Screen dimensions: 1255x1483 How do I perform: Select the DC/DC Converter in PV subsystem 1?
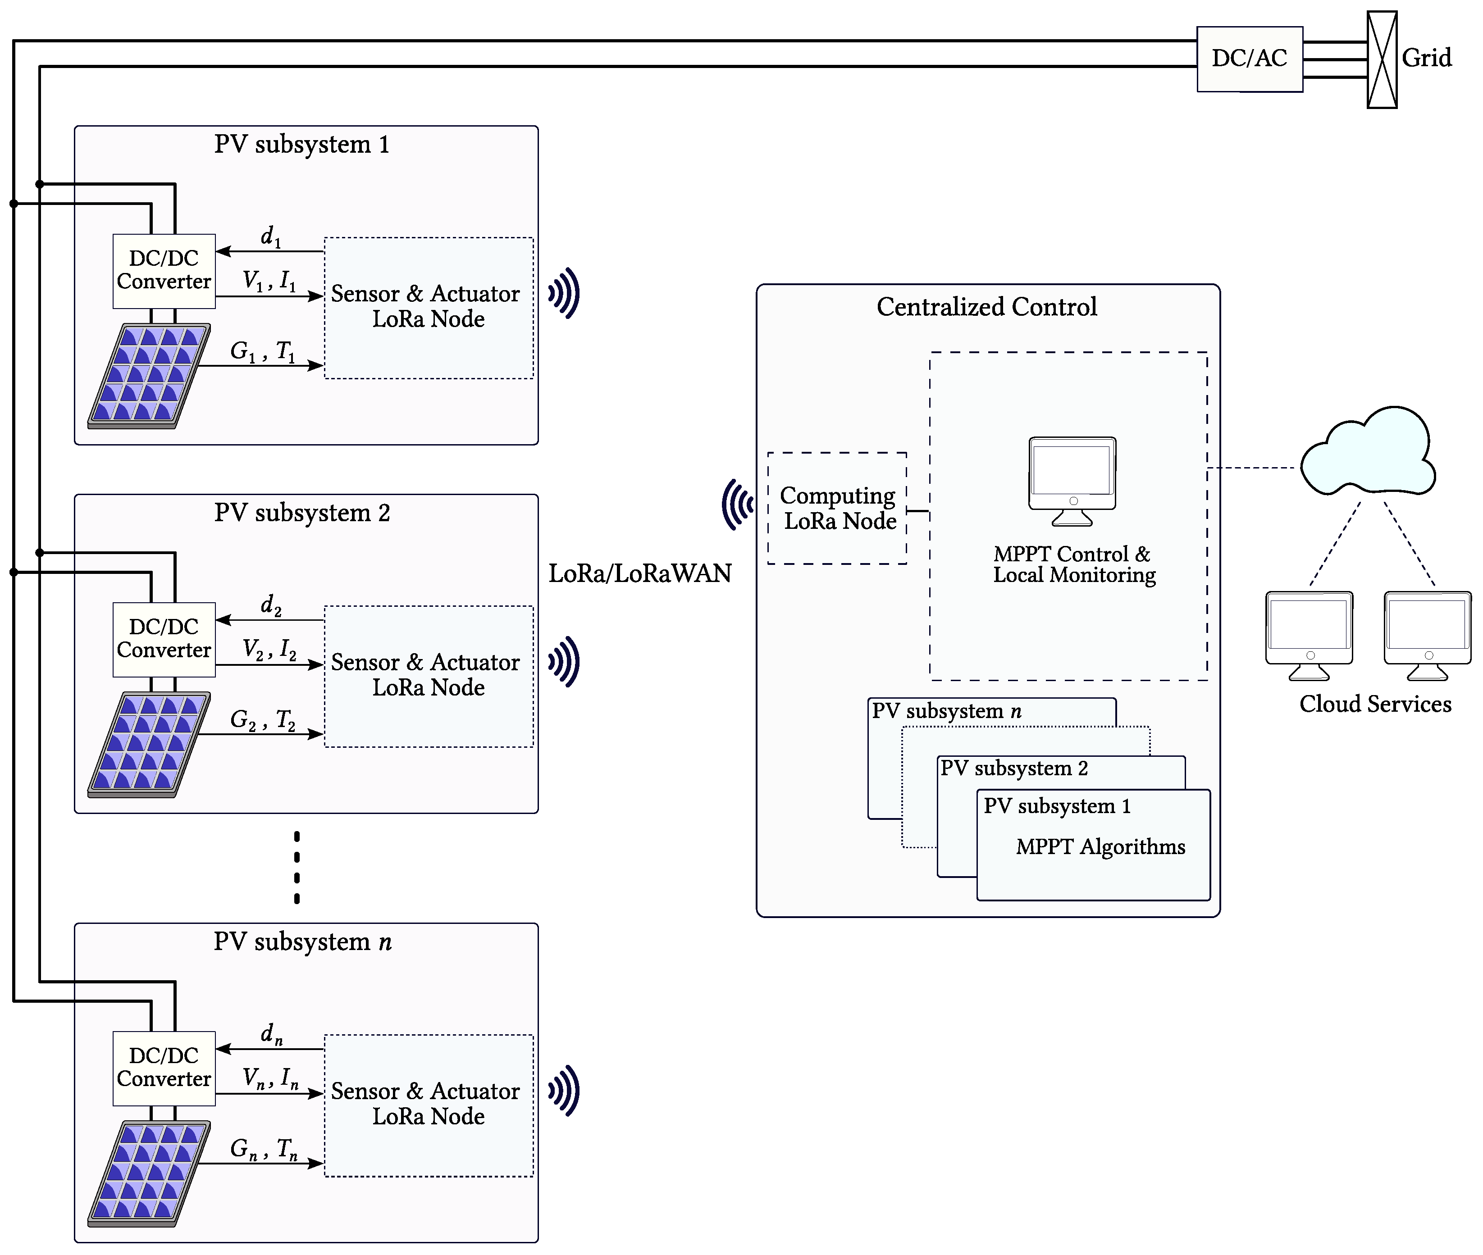click(164, 270)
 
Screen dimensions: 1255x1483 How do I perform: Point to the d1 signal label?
click(270, 236)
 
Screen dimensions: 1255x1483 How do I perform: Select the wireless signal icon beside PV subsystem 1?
click(564, 293)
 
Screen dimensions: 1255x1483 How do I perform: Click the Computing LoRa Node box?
click(838, 508)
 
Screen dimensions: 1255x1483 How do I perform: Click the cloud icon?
click(1368, 452)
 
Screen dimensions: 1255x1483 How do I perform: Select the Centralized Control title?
click(986, 307)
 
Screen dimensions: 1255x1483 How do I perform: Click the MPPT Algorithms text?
click(1100, 846)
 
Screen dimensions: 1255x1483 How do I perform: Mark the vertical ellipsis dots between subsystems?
click(297, 867)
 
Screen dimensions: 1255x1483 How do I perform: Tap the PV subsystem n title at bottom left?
click(302, 942)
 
